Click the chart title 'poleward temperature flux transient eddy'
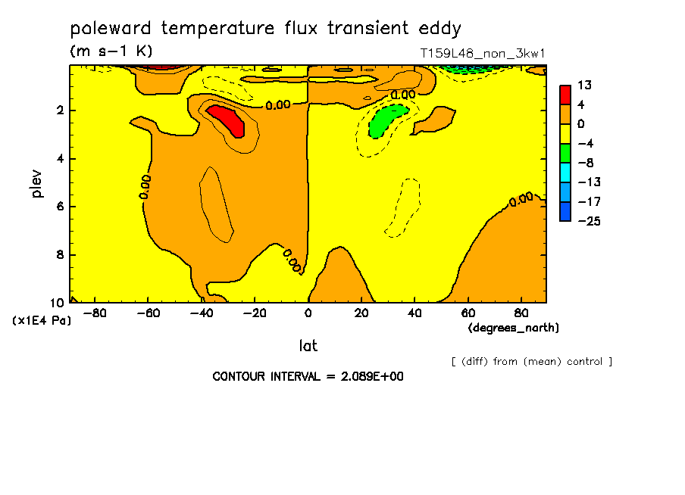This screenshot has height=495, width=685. click(x=266, y=29)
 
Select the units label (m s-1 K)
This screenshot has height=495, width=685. click(x=111, y=51)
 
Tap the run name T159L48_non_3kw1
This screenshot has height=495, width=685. click(x=482, y=54)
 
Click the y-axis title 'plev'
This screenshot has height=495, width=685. click(x=36, y=184)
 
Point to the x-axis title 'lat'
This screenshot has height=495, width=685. click(x=308, y=346)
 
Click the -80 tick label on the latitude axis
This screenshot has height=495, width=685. click(x=94, y=313)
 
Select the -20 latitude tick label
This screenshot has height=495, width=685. click(x=255, y=313)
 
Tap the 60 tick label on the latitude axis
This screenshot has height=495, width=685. click(x=468, y=313)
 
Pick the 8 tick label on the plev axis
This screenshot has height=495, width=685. click(x=60, y=254)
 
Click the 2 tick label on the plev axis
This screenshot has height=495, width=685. click(x=60, y=111)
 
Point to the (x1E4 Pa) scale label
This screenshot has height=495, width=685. click(x=42, y=321)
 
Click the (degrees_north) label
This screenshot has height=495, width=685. click(x=513, y=328)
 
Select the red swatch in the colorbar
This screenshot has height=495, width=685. click(x=565, y=95)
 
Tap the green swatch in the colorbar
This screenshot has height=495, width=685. click(x=565, y=153)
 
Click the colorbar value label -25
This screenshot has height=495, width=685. click(x=590, y=221)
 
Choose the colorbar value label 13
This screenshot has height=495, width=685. click(x=584, y=85)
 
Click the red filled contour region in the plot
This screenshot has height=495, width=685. click(x=227, y=120)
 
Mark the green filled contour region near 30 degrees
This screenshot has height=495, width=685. click(x=387, y=121)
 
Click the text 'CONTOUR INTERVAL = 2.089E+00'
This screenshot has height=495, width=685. click(x=308, y=376)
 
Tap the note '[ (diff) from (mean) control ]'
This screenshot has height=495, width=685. click(x=532, y=362)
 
